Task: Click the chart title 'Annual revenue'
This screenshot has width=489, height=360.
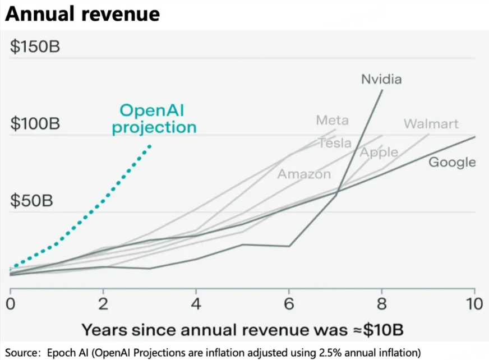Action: pos(82,13)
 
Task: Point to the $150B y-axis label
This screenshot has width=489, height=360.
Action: pos(35,47)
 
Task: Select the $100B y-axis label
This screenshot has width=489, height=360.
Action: pos(35,124)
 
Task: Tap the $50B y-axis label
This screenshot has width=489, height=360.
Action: pos(31,200)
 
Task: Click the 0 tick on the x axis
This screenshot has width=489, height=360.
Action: pos(10,305)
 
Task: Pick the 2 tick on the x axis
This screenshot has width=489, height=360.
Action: pos(103,305)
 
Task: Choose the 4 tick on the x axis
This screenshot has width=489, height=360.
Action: pos(196,305)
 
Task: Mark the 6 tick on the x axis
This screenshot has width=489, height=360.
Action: pos(289,305)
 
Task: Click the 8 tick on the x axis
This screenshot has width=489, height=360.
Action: pos(382,305)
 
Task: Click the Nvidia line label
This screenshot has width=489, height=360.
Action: pos(381,79)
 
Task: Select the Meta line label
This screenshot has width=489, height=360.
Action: pos(332,120)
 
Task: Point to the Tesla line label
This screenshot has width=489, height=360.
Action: pos(335,143)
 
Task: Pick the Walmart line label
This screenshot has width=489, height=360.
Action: pos(431,124)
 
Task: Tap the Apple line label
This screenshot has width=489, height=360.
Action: pos(379,153)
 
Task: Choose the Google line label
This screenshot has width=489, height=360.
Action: pos(452,163)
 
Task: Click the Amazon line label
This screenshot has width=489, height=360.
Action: pos(304,174)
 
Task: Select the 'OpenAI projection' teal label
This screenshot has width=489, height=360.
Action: pos(154,119)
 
